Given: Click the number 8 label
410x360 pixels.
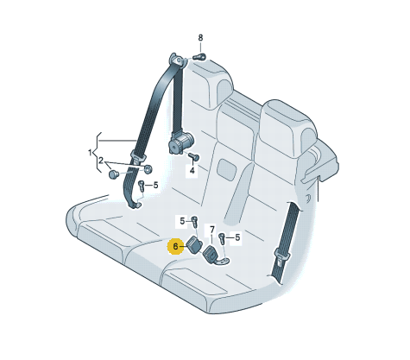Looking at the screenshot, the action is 200,38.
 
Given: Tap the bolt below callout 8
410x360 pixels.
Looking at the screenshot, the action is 199,57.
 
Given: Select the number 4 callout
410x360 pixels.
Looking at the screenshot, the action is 192,171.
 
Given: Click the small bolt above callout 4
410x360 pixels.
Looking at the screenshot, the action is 194,156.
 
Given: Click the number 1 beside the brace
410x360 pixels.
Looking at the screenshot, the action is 90,152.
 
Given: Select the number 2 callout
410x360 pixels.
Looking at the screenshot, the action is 101,161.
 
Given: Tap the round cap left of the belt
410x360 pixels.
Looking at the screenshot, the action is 114,174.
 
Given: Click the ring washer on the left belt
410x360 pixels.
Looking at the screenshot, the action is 148,169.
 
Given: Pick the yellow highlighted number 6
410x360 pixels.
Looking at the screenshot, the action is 175,246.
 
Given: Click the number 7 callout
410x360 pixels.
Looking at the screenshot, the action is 212,230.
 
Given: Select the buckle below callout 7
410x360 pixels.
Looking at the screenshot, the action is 211,253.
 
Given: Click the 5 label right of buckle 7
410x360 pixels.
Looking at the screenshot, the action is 237,237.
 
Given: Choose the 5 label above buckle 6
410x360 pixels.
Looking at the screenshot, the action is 182,221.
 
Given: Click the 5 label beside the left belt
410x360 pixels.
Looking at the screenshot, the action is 155,185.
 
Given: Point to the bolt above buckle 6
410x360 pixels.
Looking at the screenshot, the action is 195,221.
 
